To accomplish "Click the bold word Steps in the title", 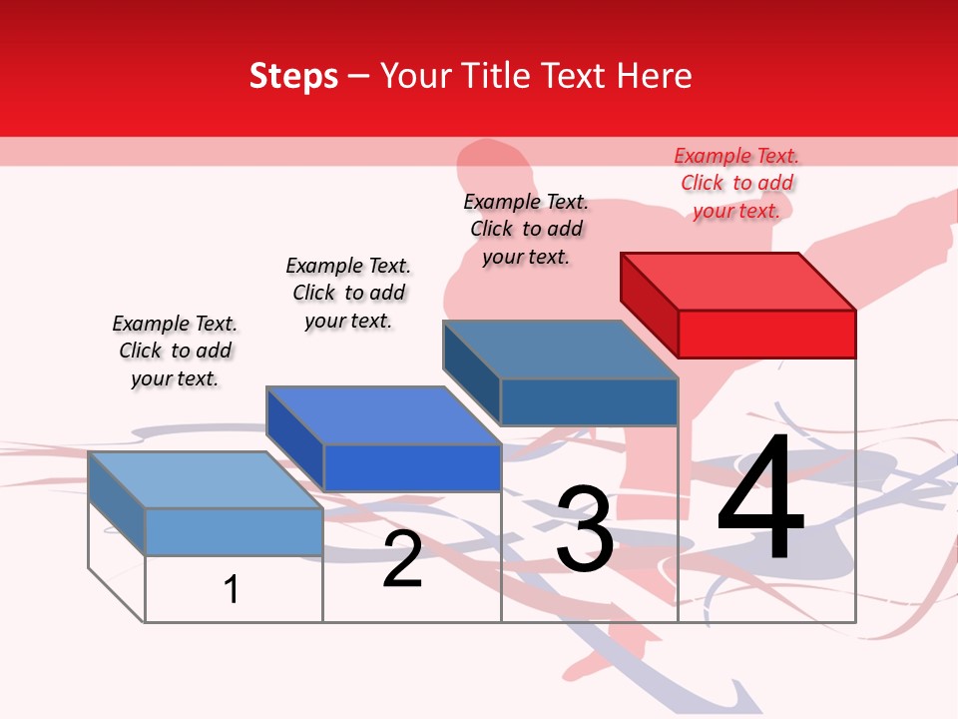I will [x=293, y=76].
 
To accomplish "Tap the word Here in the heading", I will [x=654, y=76].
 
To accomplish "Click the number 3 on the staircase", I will [x=585, y=529].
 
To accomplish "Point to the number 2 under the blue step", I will [x=402, y=559].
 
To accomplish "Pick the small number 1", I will [x=232, y=589].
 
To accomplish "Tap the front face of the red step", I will [x=766, y=334].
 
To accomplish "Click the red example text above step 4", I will [x=736, y=183].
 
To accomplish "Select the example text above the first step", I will [x=175, y=351].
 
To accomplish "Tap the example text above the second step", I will [x=348, y=293].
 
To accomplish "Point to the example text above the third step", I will [x=526, y=229].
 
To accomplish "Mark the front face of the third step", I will [x=589, y=402].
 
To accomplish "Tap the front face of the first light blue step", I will [x=234, y=531].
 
